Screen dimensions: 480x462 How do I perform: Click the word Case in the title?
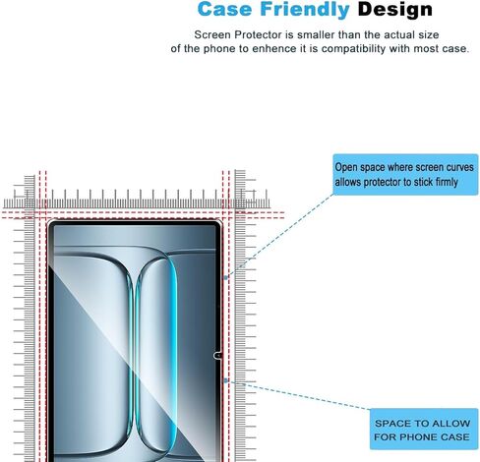pyautogui.click(x=224, y=9)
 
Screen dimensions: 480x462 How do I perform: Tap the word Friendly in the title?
pyautogui.click(x=305, y=10)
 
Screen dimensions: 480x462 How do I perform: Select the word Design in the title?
pyautogui.click(x=395, y=10)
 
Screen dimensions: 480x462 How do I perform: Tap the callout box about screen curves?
pyautogui.click(x=405, y=174)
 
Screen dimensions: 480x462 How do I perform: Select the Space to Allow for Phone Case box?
pyautogui.click(x=424, y=429)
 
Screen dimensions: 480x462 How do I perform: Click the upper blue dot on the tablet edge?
pyautogui.click(x=225, y=277)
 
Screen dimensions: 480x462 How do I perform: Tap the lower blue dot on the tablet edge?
pyautogui.click(x=225, y=380)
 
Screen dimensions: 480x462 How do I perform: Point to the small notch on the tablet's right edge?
pyautogui.click(x=217, y=356)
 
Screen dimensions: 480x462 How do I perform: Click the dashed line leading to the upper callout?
pyautogui.click(x=280, y=235)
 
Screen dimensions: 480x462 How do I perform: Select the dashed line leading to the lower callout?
pyautogui.click(x=298, y=395)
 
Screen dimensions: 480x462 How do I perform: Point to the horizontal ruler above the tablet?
pyautogui.click(x=137, y=200)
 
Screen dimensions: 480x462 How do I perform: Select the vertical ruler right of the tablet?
pyautogui.click(x=244, y=315)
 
